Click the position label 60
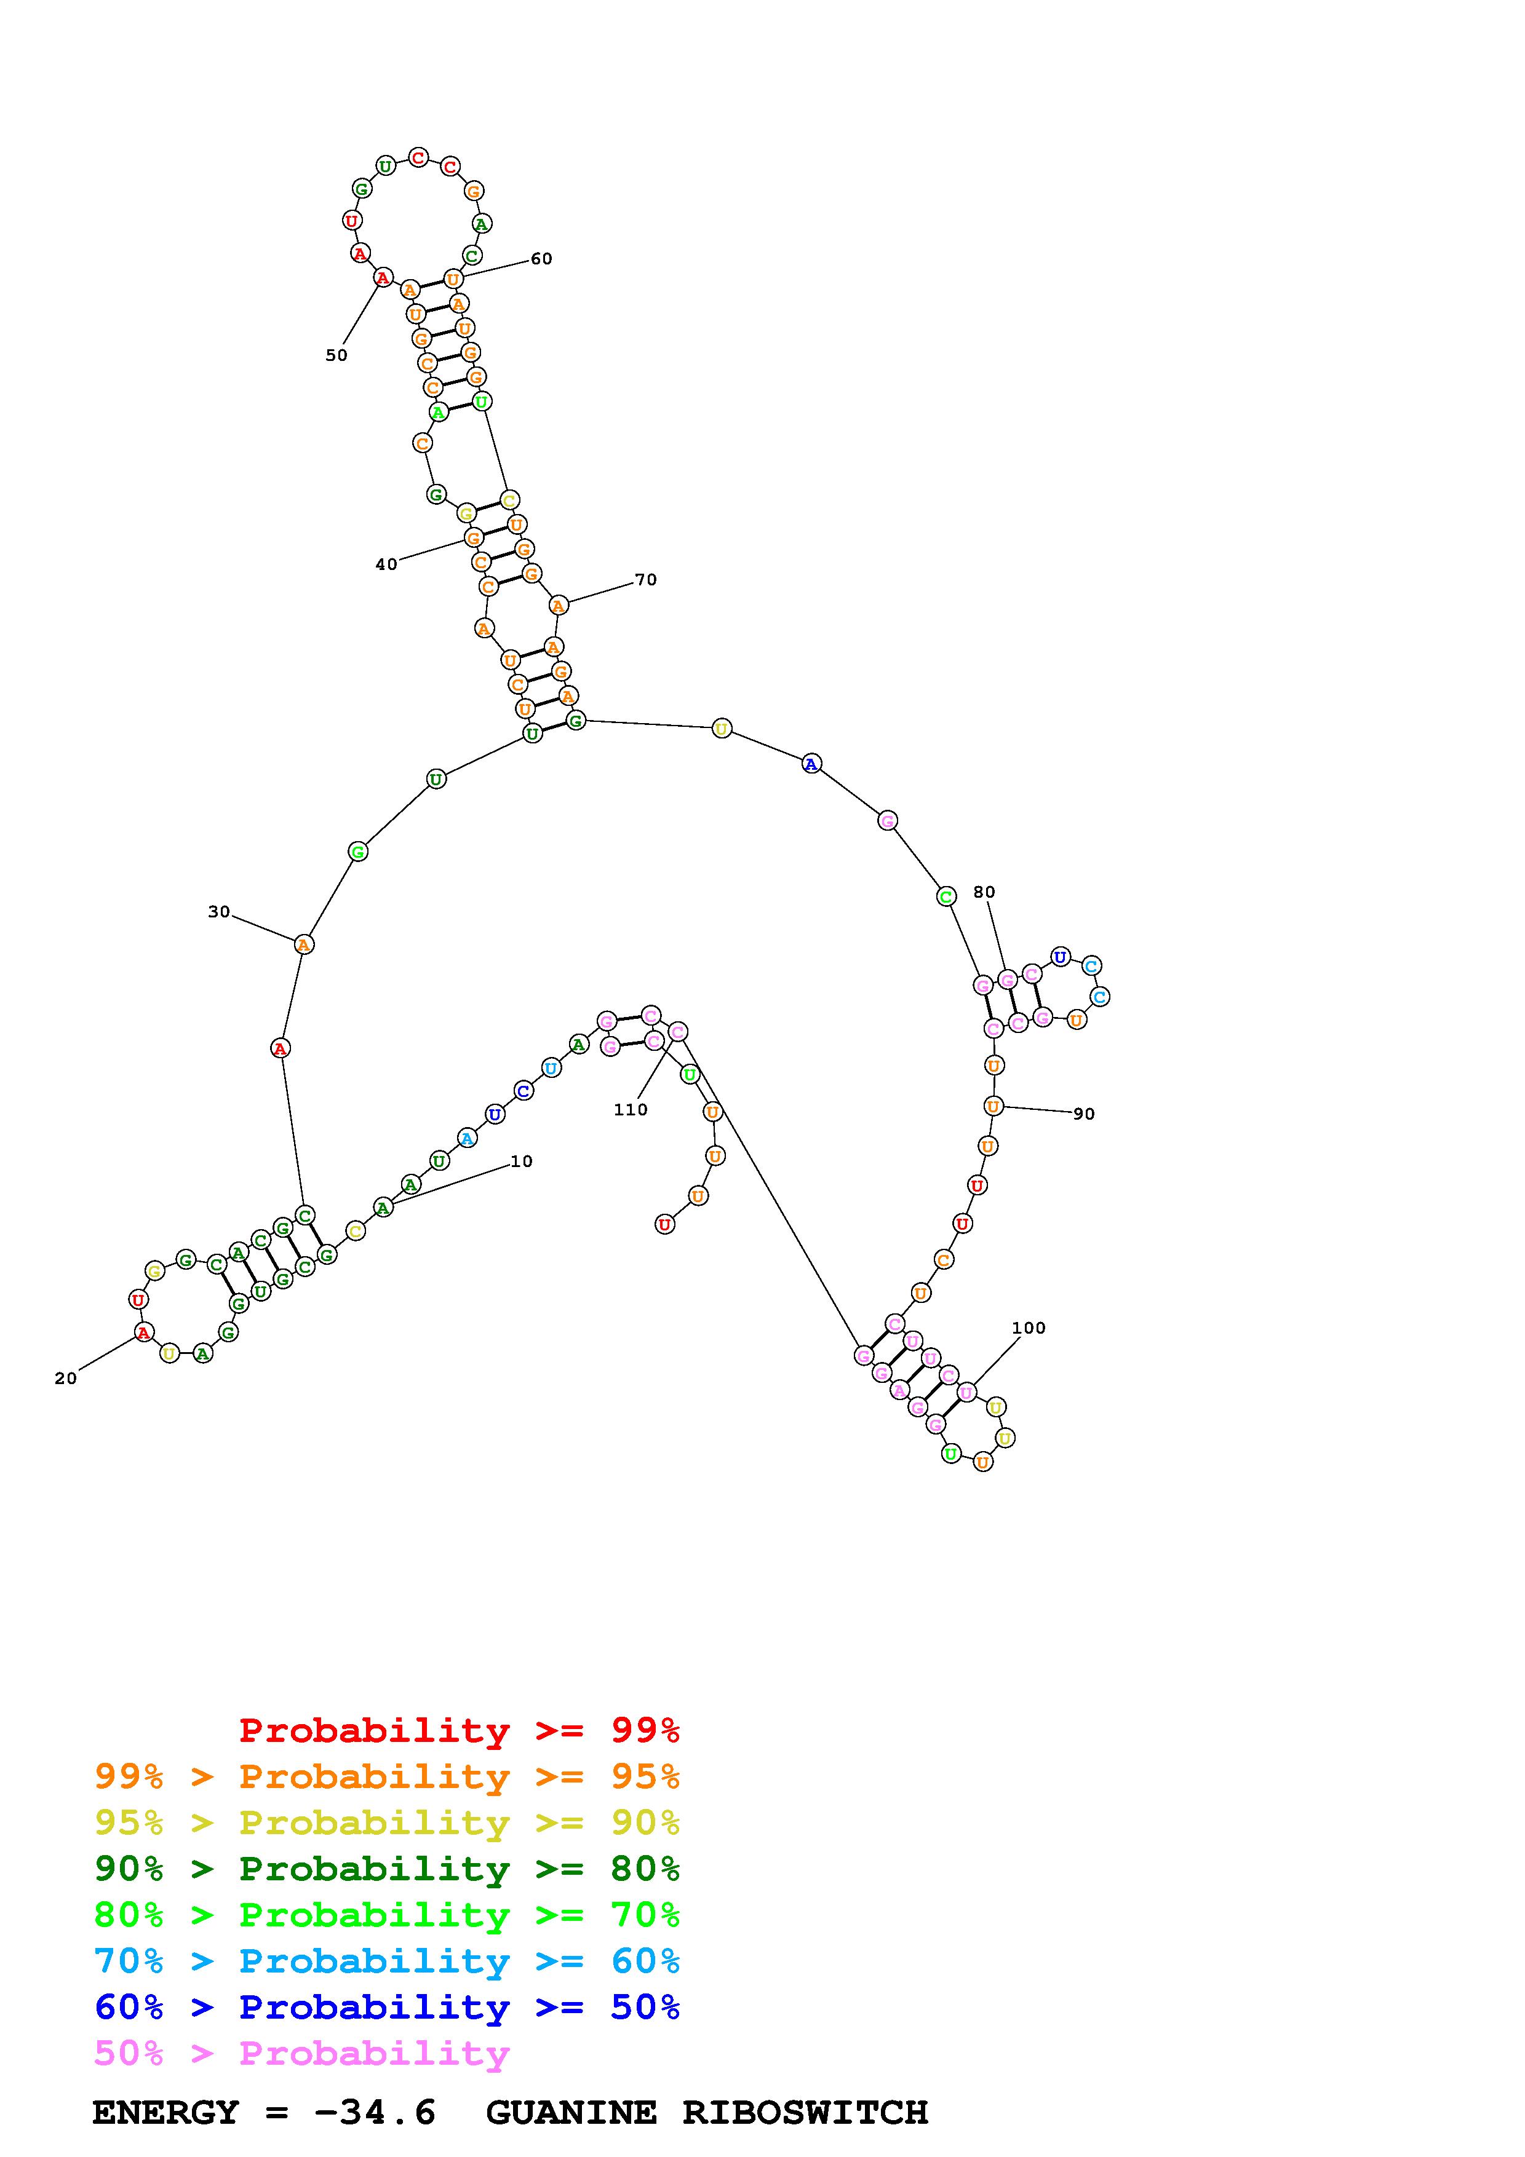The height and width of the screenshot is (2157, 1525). tap(541, 259)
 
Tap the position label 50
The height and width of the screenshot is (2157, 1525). tap(336, 355)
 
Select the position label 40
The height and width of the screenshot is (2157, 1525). tap(386, 564)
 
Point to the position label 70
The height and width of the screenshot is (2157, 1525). tap(645, 580)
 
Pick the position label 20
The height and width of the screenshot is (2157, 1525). tap(66, 1378)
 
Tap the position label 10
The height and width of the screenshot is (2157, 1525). tap(522, 1161)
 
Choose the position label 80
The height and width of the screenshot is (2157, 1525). tap(984, 892)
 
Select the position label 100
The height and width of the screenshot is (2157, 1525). tap(1029, 1328)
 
